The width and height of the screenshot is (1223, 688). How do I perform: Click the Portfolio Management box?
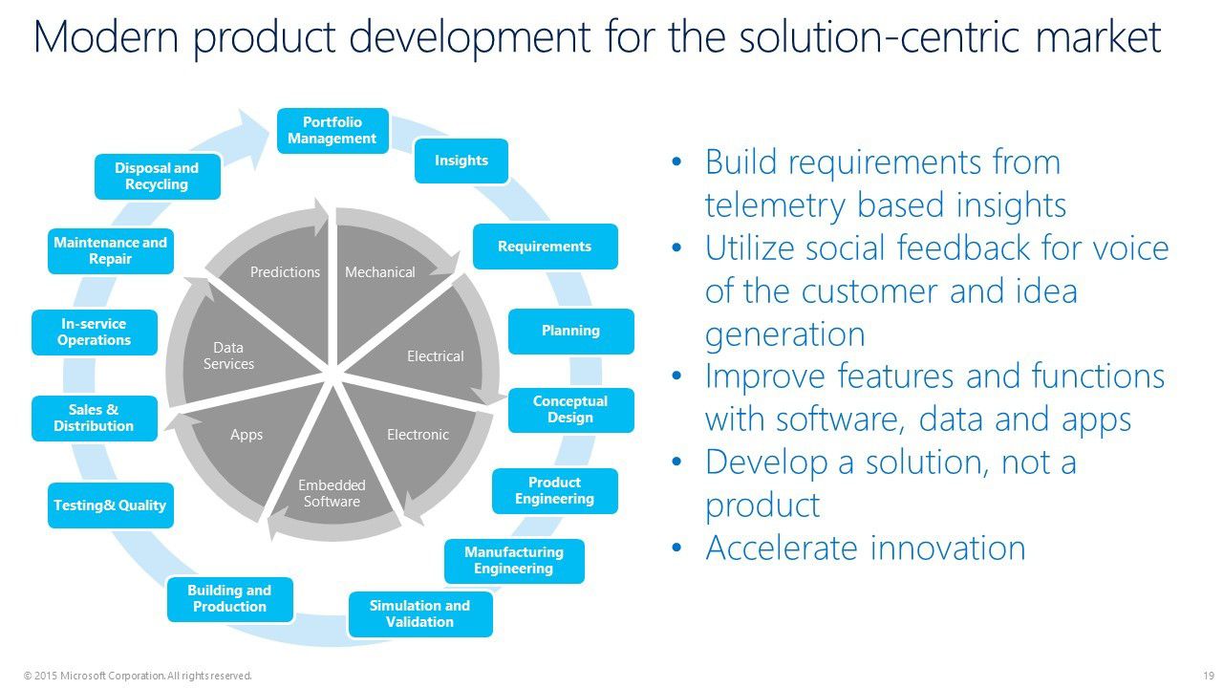click(x=333, y=131)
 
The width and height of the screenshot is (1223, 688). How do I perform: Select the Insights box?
click(x=461, y=161)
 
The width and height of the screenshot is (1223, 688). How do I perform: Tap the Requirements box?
click(x=545, y=247)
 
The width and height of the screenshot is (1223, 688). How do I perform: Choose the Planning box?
click(x=570, y=331)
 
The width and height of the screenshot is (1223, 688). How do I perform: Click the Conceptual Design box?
click(x=570, y=410)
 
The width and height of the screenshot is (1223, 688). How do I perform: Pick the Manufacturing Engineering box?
click(x=514, y=561)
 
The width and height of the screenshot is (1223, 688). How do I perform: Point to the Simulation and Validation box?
click(x=419, y=613)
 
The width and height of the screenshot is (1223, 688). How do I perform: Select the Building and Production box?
click(x=229, y=599)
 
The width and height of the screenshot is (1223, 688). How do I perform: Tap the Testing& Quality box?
click(x=110, y=505)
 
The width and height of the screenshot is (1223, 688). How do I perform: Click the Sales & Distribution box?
click(x=94, y=419)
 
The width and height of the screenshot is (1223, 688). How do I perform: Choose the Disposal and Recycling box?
click(x=157, y=176)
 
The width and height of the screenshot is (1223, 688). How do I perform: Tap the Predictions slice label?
click(x=285, y=272)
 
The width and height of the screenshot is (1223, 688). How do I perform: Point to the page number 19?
click(x=1208, y=676)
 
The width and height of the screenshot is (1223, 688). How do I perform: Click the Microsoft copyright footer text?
click(x=138, y=676)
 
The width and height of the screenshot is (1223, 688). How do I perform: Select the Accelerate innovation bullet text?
click(x=865, y=548)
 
